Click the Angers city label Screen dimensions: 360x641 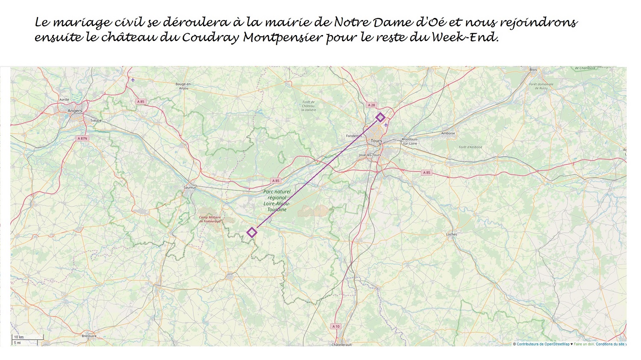point(75,111)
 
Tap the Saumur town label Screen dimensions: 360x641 point(190,187)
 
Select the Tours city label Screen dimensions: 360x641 point(376,140)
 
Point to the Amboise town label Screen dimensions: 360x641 point(448,133)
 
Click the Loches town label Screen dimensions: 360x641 point(451,234)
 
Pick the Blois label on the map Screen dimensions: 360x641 point(533,70)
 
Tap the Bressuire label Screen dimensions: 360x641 point(89,336)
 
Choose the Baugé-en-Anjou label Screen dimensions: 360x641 point(183,86)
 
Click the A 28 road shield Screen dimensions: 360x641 point(371,105)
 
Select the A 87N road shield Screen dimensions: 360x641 point(82,138)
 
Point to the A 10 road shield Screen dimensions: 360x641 point(336,326)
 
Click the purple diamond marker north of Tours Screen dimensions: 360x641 point(380,117)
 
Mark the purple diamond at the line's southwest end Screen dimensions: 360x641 point(252,232)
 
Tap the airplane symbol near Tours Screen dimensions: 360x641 point(386,125)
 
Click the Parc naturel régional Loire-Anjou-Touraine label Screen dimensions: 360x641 point(277,201)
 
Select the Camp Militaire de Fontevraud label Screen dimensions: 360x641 point(210,219)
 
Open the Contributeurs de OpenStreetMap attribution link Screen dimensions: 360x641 point(543,344)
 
